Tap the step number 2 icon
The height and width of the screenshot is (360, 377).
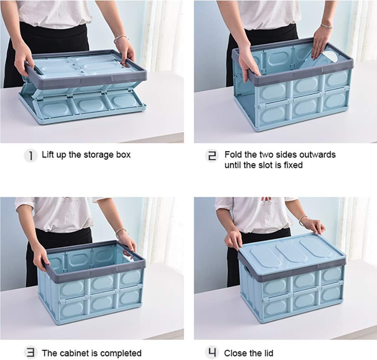[213, 155]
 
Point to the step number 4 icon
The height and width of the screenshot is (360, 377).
[213, 353]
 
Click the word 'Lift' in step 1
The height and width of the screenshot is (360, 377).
[48, 155]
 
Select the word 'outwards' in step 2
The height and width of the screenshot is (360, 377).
[317, 155]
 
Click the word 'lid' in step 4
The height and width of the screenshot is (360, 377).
[268, 353]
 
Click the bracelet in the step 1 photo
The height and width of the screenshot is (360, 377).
[121, 38]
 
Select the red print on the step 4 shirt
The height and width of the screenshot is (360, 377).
[267, 198]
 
